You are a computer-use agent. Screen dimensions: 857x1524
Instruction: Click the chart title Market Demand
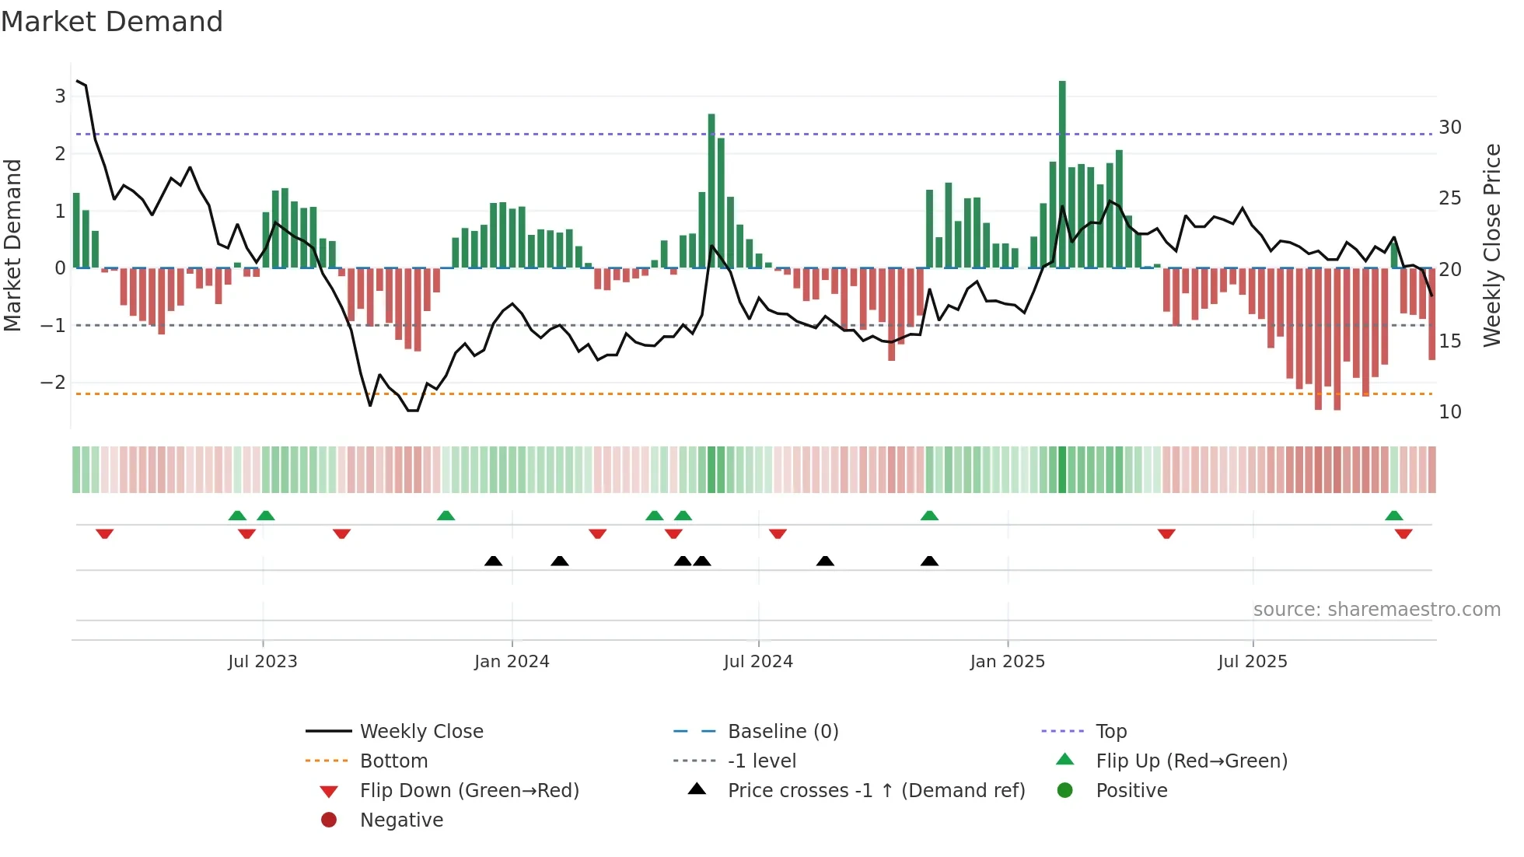tap(112, 22)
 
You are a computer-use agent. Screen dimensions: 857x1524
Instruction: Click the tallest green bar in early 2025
tap(1062, 175)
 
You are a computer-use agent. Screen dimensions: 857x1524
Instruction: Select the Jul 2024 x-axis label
tap(758, 662)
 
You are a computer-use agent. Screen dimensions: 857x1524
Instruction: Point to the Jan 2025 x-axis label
tap(1008, 662)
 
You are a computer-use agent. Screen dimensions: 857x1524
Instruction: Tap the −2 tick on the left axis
tap(53, 383)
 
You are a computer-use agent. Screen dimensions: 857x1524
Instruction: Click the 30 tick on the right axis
tap(1449, 128)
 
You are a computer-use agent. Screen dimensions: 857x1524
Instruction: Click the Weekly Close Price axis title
tap(1491, 245)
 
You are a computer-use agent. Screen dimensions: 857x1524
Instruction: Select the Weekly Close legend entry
tap(421, 732)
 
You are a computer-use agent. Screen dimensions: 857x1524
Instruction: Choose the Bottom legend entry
tap(393, 761)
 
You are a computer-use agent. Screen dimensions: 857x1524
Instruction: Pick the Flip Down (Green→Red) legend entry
tap(469, 791)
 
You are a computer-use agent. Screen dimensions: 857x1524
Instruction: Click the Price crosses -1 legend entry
tap(876, 791)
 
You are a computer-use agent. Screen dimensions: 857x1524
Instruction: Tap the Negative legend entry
tap(401, 820)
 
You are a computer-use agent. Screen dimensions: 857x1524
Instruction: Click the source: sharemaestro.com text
tap(1376, 610)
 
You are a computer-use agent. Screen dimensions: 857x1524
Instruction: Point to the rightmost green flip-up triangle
tap(1394, 516)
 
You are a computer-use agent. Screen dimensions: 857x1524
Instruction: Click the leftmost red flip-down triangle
tap(105, 533)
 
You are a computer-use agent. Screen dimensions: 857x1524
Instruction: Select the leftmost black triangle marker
tap(493, 561)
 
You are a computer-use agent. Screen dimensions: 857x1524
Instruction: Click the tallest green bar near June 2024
tap(711, 191)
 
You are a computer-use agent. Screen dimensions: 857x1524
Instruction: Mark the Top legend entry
tap(1111, 732)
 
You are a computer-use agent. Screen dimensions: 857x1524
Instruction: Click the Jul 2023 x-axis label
tap(263, 662)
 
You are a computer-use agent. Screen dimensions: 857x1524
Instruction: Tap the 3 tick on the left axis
tap(60, 96)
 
